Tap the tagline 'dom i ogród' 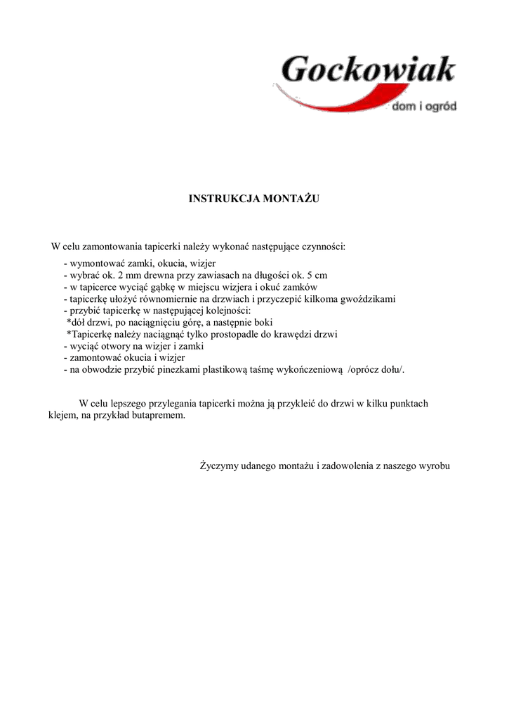click(x=423, y=107)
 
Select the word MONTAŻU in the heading click(x=291, y=199)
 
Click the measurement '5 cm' click(x=316, y=275)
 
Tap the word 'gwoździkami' click(x=369, y=299)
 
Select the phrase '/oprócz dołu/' click(x=376, y=371)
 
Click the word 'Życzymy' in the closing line click(x=218, y=466)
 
